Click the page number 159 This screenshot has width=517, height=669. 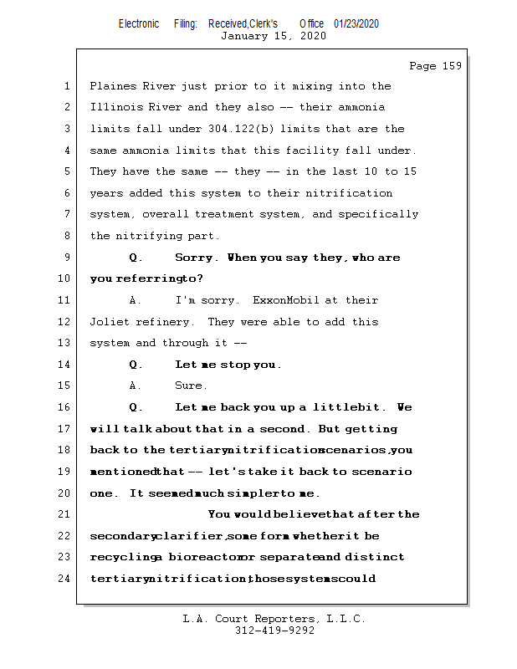pyautogui.click(x=451, y=66)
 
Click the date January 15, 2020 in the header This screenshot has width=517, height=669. pyautogui.click(x=274, y=36)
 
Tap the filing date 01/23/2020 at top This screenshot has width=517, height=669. pyautogui.click(x=356, y=23)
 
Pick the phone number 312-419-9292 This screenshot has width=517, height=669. pyautogui.click(x=274, y=631)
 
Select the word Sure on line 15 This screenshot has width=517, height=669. pyautogui.click(x=189, y=386)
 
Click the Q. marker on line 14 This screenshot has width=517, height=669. pyautogui.click(x=136, y=365)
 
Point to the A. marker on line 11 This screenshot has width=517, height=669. pyautogui.click(x=136, y=300)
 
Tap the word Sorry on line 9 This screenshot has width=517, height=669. pyautogui.click(x=195, y=258)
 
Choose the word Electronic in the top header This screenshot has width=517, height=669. pyautogui.click(x=139, y=23)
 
